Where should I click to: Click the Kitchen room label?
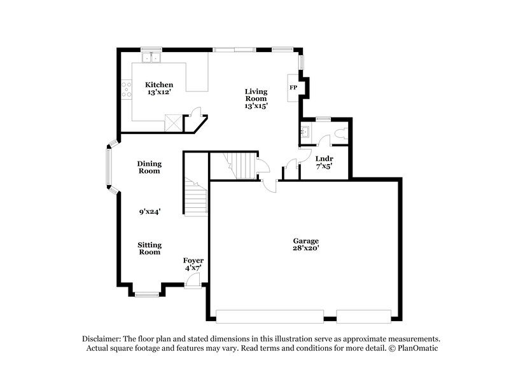(158, 85)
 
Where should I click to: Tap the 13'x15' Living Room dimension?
(256, 106)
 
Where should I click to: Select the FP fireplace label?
(293, 87)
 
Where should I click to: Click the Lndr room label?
(324, 158)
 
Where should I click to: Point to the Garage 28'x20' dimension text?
(305, 249)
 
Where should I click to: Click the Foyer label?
(193, 261)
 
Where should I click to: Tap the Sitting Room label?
(150, 248)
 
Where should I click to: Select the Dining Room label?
(150, 167)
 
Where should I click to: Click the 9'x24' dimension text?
(150, 212)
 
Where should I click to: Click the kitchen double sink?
(151, 58)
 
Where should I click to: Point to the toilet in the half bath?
(340, 133)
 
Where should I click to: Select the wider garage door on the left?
(269, 315)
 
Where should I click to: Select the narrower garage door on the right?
(363, 315)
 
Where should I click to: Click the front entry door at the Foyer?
(193, 282)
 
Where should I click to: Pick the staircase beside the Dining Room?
(196, 197)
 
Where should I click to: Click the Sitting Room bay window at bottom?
(146, 293)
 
